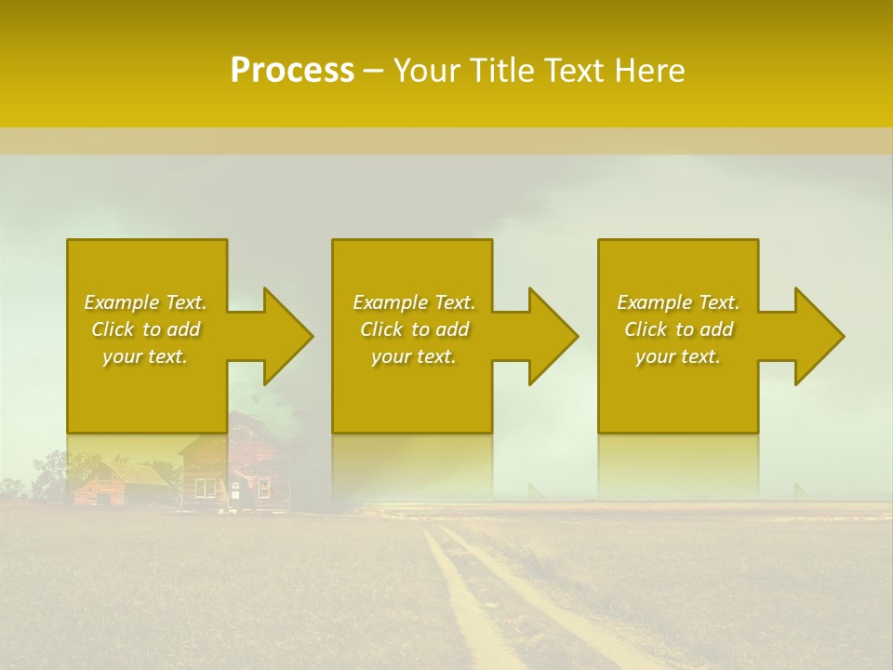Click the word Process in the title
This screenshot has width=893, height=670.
[292, 71]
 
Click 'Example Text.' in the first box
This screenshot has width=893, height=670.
[145, 302]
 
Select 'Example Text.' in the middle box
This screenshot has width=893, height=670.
[414, 302]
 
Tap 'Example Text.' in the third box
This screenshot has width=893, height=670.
[678, 302]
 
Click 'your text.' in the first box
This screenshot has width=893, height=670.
[145, 356]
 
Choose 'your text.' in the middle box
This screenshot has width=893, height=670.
[414, 356]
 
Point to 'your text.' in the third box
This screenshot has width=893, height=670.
[678, 356]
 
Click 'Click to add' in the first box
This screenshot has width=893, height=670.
[145, 329]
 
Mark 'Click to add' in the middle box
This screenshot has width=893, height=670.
[414, 329]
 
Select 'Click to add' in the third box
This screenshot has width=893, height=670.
[678, 329]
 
